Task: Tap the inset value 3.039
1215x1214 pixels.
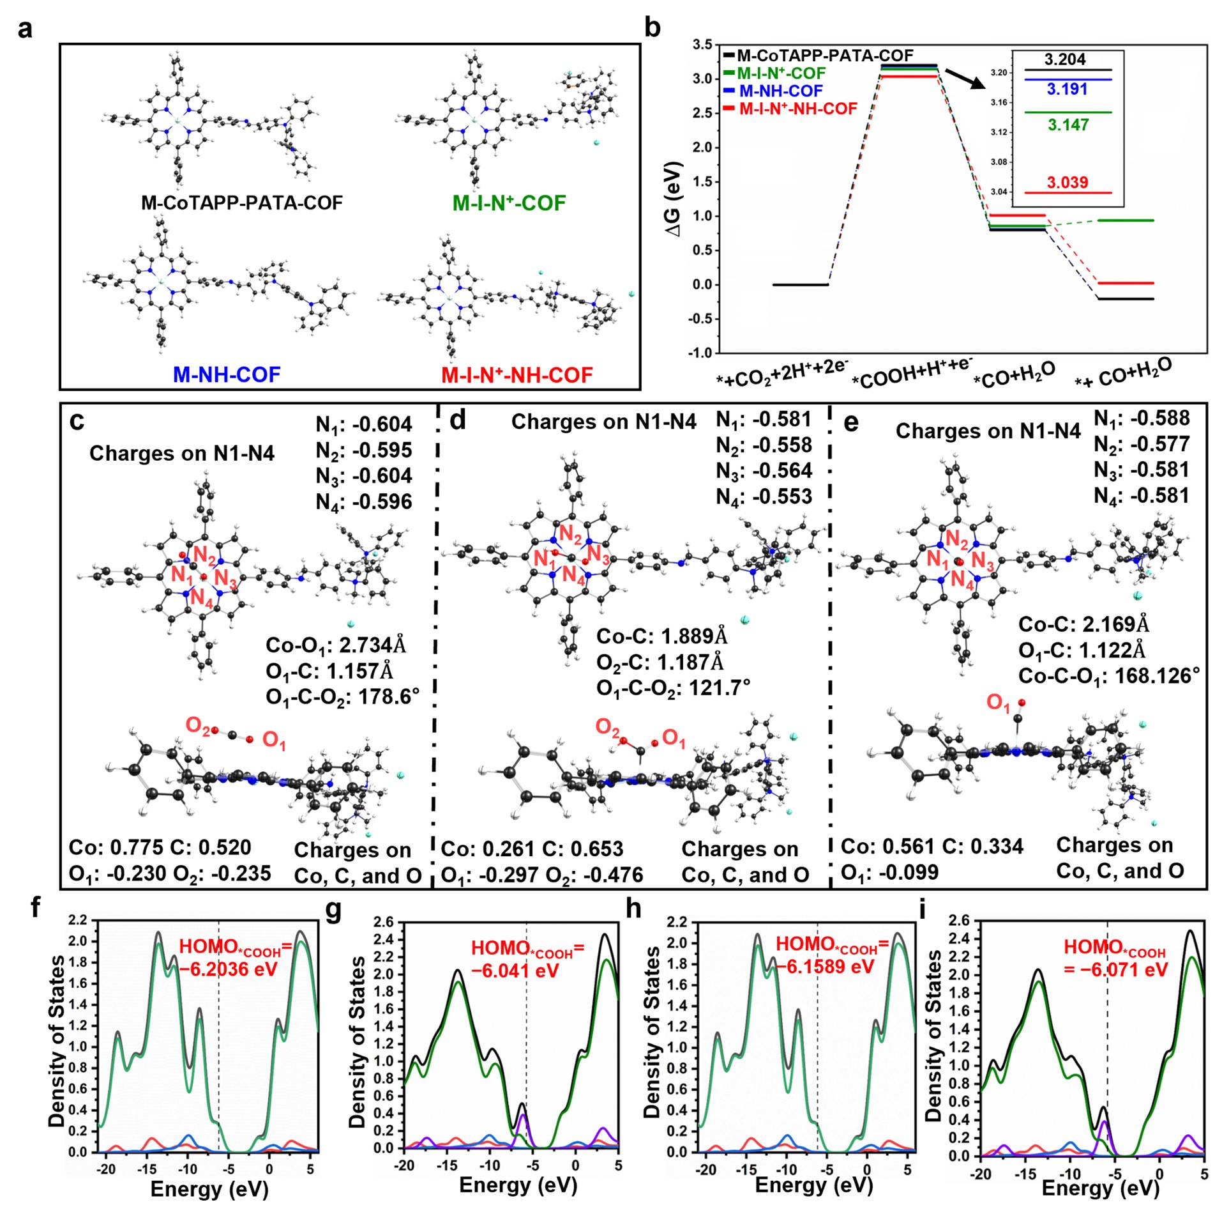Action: tap(1067, 182)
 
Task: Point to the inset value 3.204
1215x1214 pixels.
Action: tap(1065, 59)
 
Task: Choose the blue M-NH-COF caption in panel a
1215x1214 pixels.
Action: tap(227, 374)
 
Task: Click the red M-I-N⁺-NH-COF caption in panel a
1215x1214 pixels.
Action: tap(517, 375)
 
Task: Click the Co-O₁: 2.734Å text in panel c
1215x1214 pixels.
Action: tap(336, 645)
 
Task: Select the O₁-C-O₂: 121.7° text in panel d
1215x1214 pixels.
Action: tap(674, 688)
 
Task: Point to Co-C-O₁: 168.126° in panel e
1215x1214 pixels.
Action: tap(1109, 676)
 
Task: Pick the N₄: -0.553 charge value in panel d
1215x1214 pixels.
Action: tap(764, 496)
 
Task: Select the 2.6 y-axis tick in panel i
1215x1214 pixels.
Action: tap(959, 921)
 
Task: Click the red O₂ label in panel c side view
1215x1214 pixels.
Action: tap(197, 725)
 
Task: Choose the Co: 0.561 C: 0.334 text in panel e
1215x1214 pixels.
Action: tap(932, 847)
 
